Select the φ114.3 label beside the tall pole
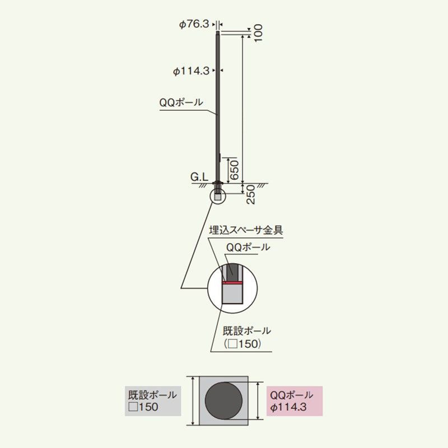click(192, 71)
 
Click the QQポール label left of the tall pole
click(180, 102)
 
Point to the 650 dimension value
click(235, 169)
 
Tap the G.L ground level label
click(199, 178)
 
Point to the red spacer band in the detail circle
click(232, 283)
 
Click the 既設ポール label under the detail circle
click(243, 331)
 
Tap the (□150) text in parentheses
click(242, 344)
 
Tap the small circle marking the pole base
click(217, 196)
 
